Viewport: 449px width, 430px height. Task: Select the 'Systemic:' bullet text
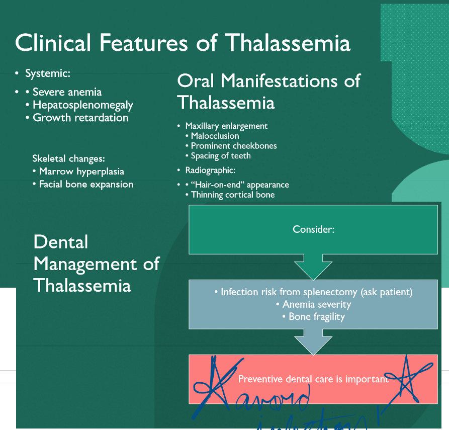click(x=48, y=74)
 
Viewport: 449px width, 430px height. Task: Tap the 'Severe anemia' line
click(x=67, y=92)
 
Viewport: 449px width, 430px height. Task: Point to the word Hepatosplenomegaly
click(x=83, y=105)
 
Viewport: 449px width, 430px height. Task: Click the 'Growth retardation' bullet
click(x=80, y=118)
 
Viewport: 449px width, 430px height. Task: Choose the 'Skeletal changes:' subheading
click(x=68, y=158)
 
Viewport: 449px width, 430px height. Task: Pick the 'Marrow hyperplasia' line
click(x=81, y=171)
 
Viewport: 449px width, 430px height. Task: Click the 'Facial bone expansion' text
click(x=86, y=184)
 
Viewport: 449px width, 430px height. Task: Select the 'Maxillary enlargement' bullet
click(x=226, y=126)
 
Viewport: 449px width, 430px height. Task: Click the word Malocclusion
click(x=215, y=136)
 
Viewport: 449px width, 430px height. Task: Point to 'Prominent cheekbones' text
click(x=234, y=146)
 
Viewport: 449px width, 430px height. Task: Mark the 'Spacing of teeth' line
click(x=221, y=156)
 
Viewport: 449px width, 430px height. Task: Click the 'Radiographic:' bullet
click(x=210, y=170)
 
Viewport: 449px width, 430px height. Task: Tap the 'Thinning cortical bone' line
click(x=233, y=195)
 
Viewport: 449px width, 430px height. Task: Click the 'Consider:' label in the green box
click(x=313, y=229)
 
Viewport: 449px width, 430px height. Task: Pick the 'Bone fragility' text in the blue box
click(x=317, y=317)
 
